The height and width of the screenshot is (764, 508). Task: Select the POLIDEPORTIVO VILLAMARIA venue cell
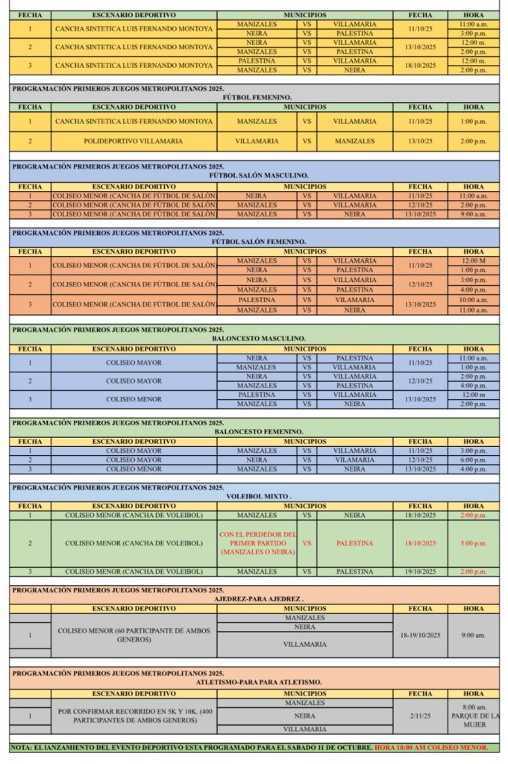tap(134, 141)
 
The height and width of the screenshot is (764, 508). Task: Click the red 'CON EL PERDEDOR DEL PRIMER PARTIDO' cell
tap(257, 543)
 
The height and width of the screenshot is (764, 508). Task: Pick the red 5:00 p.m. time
tap(473, 543)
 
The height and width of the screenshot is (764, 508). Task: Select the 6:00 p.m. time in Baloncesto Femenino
tap(473, 460)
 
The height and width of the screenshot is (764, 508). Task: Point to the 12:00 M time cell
tap(473, 261)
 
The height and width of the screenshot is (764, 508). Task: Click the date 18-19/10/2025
tap(420, 635)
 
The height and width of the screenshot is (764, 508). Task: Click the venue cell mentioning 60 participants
tap(134, 635)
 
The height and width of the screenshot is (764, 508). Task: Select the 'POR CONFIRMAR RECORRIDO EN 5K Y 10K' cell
tap(134, 716)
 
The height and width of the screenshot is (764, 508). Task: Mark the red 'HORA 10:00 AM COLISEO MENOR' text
tap(431, 748)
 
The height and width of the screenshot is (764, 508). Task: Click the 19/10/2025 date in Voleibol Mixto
tap(420, 572)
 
